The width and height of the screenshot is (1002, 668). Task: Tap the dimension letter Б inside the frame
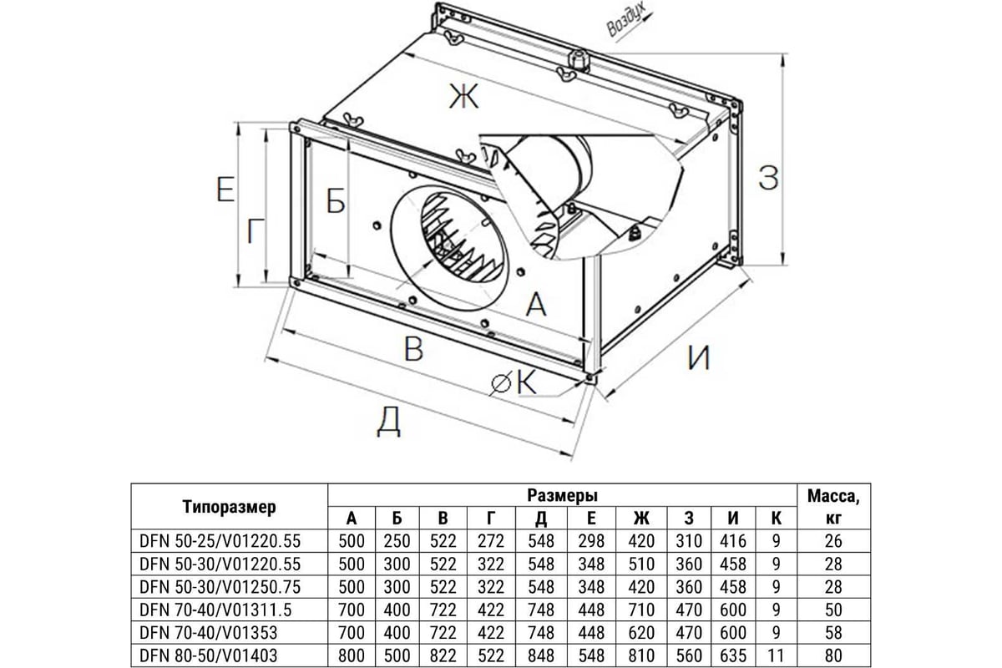tap(335, 201)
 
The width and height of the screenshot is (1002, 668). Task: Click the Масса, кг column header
tap(833, 506)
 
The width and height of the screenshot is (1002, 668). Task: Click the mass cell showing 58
tap(833, 634)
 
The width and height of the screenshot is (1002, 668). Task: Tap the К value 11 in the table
tap(777, 657)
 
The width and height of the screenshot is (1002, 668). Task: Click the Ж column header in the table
tap(642, 518)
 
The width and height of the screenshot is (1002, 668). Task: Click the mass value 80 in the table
tap(833, 657)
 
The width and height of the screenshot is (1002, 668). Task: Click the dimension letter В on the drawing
tap(412, 349)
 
